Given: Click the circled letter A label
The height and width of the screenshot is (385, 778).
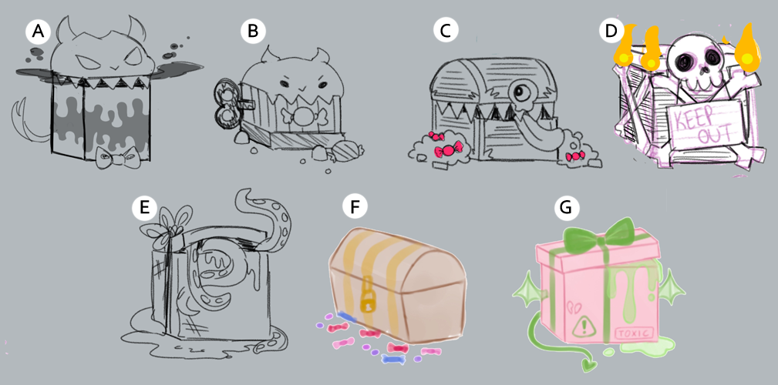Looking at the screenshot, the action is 39,32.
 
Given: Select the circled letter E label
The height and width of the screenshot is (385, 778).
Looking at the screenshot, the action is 144,207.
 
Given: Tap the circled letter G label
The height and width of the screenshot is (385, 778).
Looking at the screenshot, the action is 566,207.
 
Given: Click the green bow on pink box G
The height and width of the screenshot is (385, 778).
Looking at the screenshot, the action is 598,235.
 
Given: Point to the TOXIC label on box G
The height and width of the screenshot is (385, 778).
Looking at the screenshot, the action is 635,333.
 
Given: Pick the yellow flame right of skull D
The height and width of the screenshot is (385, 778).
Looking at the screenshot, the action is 744,49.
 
